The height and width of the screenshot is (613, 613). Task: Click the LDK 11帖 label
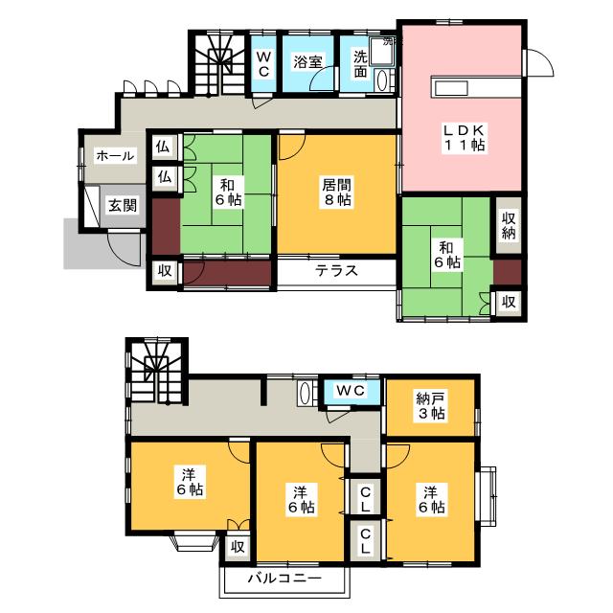click(463, 136)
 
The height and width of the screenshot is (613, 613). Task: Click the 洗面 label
click(359, 63)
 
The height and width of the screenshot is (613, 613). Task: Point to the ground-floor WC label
click(263, 63)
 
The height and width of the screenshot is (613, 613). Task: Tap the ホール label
click(114, 155)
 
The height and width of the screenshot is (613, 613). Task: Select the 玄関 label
click(121, 204)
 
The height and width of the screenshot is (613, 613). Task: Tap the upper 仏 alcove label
click(164, 148)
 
